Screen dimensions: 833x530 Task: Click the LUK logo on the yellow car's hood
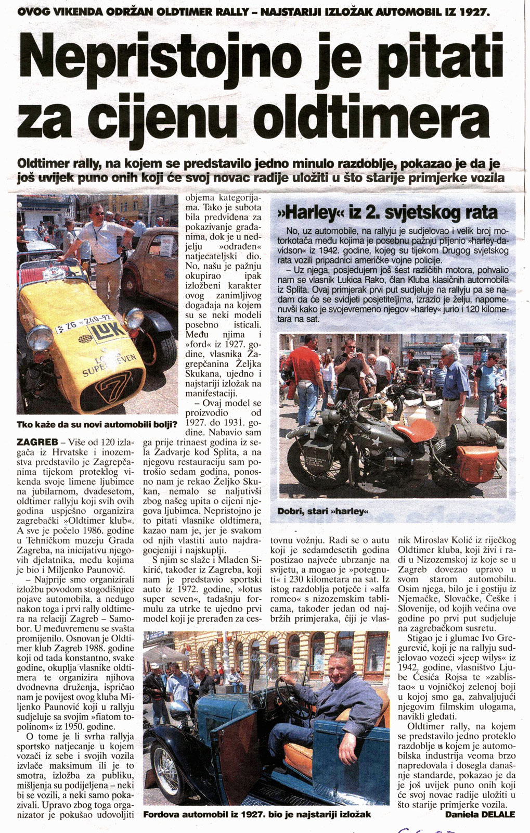point(106,332)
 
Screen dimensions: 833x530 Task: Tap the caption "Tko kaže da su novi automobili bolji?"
point(96,424)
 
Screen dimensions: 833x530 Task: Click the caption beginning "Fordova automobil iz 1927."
point(257,814)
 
